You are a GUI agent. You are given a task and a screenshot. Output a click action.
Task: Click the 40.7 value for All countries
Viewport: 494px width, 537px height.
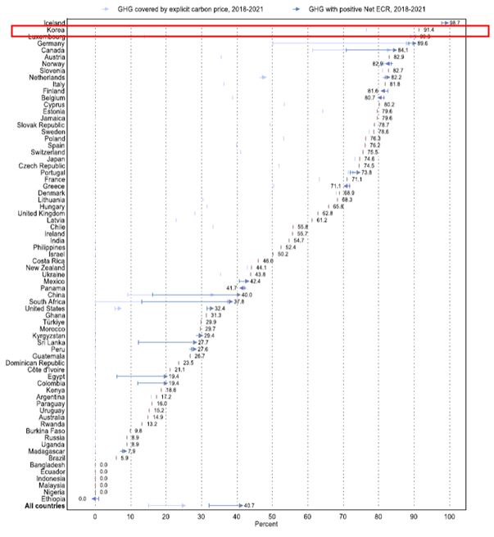252,505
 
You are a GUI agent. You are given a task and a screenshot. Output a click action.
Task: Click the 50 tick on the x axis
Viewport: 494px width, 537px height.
272,517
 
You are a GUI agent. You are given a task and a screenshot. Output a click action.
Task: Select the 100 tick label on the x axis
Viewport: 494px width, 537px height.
449,517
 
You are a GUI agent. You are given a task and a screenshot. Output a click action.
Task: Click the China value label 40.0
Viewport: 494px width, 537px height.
246,295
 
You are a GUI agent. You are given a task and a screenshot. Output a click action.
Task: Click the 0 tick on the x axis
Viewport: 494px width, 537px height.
95,517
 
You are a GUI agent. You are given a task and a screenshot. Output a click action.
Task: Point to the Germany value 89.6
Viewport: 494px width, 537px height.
424,43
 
